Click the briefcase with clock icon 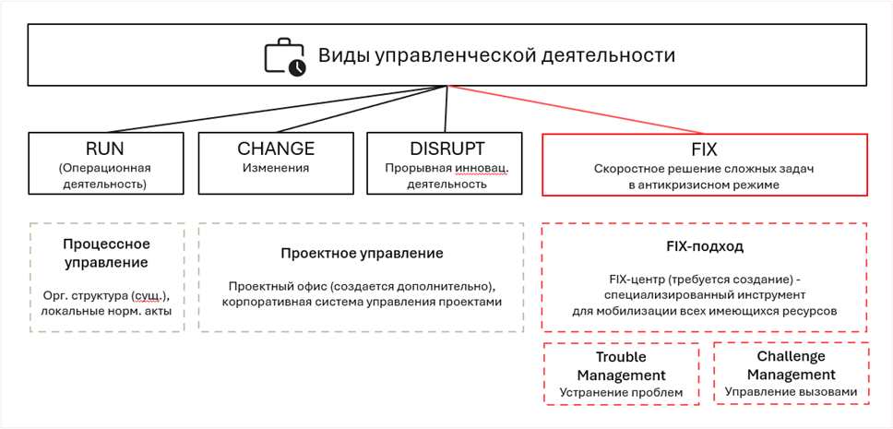[285, 56]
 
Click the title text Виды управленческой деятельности [496, 55]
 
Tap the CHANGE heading [276, 149]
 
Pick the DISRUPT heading [447, 149]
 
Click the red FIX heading [705, 149]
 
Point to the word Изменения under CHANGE [276, 169]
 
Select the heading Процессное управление [106, 253]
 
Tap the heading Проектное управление [362, 253]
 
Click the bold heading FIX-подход [704, 247]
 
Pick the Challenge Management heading [791, 364]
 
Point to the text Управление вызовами [791, 392]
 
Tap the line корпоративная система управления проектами [362, 302]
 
